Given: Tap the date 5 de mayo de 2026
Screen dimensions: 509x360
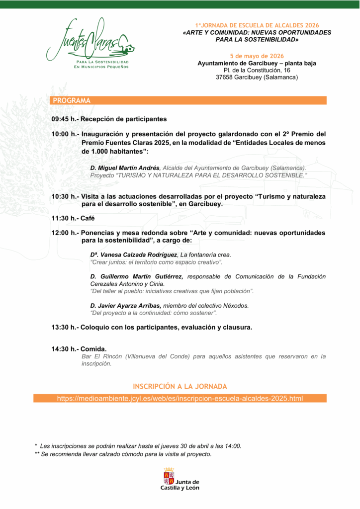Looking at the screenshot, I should click(x=257, y=56).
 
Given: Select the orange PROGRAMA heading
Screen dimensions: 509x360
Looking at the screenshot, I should click(x=72, y=100).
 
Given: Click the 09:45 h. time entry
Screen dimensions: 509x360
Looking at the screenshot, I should click(x=64, y=119).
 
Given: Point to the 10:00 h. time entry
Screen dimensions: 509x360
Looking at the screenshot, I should click(x=64, y=134).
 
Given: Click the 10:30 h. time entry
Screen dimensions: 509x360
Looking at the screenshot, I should click(x=64, y=196).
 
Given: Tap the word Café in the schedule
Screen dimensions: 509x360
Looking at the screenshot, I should click(x=88, y=218).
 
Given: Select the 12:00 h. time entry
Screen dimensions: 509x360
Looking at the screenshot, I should click(x=64, y=233).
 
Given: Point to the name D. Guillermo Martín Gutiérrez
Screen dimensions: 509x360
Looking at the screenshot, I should click(x=137, y=276).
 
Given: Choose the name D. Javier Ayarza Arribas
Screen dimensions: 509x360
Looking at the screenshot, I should click(x=126, y=306).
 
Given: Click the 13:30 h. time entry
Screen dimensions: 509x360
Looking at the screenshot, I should click(x=64, y=328).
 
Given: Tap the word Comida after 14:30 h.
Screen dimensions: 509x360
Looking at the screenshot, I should click(x=93, y=349).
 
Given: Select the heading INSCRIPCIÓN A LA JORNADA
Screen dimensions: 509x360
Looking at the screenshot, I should click(x=180, y=386).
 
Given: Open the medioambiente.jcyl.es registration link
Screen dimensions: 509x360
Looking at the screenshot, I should click(x=180, y=399).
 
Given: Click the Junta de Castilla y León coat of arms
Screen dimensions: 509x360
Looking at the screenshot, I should click(x=169, y=477).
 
